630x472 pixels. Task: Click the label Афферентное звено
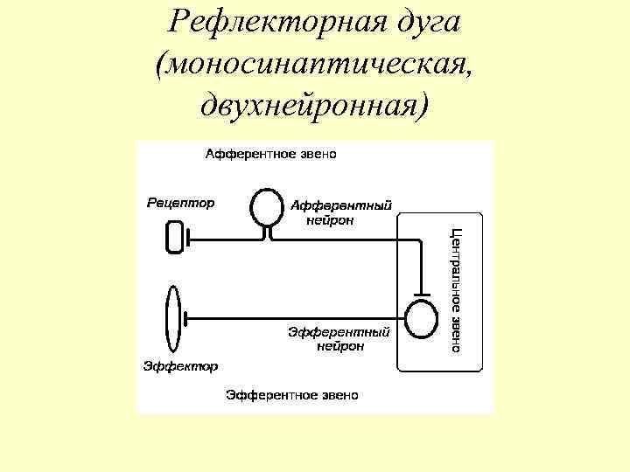coord(270,155)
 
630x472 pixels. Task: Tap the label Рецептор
coord(179,203)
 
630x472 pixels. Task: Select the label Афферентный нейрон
coord(339,212)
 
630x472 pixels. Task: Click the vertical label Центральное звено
coord(456,289)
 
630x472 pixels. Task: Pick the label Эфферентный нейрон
coord(339,338)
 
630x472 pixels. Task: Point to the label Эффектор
coord(180,365)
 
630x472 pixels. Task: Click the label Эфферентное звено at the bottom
coord(292,395)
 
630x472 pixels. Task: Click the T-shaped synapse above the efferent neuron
coord(422,292)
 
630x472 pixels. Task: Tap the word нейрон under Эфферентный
coord(340,345)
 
